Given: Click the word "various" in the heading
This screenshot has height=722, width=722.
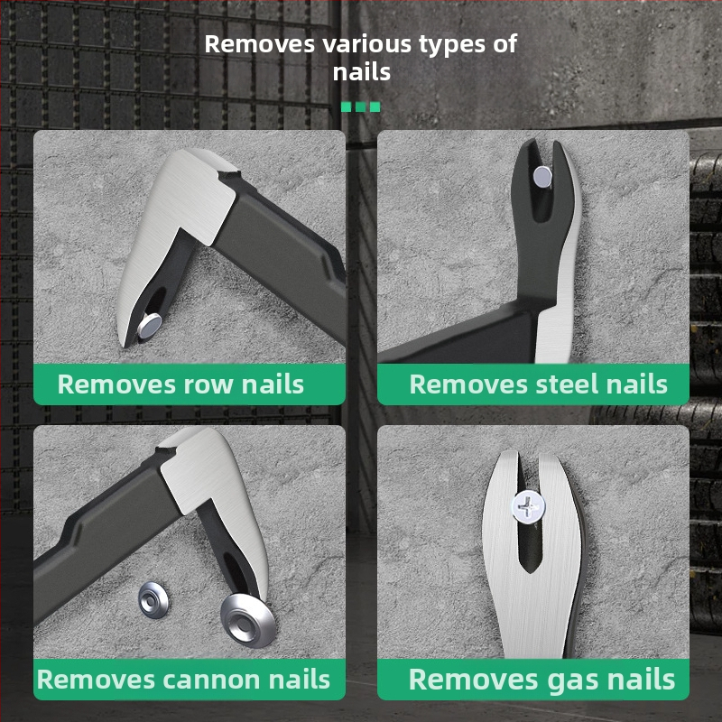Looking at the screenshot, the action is point(367,44).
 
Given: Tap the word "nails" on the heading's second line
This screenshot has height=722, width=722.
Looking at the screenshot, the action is point(362,72).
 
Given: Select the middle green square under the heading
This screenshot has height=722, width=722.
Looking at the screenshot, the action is point(360,106).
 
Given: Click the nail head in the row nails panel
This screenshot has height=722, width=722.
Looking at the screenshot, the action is point(150,325).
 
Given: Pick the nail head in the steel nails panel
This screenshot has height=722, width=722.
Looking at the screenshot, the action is point(542,177).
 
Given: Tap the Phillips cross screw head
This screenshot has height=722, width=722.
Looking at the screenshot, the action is point(529,507).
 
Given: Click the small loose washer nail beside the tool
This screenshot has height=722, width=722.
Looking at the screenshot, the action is point(153,599).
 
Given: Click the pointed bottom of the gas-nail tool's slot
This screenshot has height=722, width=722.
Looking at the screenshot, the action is point(532,572).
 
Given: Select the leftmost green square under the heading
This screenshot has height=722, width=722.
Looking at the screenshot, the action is point(346,106).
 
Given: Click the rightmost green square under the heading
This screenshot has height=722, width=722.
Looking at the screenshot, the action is point(375,106).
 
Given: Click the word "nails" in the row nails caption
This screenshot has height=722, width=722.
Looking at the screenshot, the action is point(273,384).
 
